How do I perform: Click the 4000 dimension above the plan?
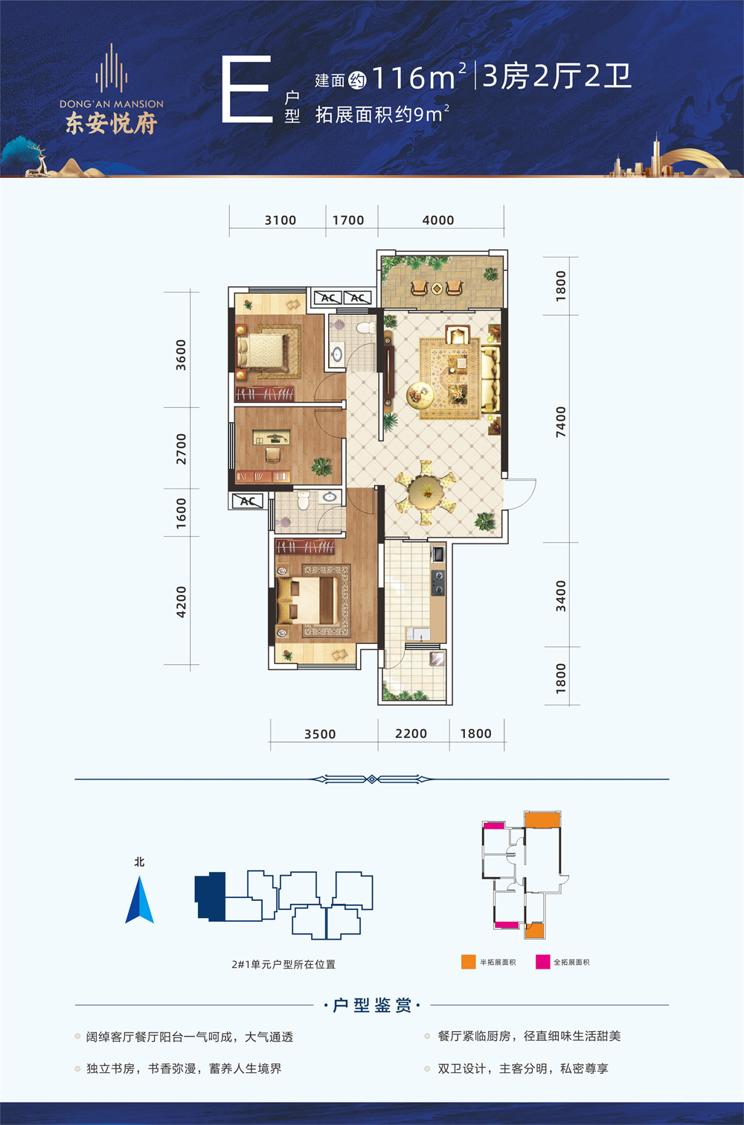437,220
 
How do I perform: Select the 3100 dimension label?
280,220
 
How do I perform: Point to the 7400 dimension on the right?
561,422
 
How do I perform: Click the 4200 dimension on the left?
181,602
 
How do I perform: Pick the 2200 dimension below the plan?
411,734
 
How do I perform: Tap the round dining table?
426,492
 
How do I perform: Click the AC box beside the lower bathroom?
248,501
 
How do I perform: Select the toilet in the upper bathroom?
365,328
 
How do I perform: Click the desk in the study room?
271,438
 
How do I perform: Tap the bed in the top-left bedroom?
262,351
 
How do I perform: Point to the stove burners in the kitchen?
437,582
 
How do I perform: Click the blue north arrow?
140,900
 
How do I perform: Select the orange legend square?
469,962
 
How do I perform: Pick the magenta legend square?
542,962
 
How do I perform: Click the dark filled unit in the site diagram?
211,897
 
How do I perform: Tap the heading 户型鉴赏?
372,1005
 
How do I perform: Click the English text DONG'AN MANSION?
112,104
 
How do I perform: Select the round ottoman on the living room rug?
420,396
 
